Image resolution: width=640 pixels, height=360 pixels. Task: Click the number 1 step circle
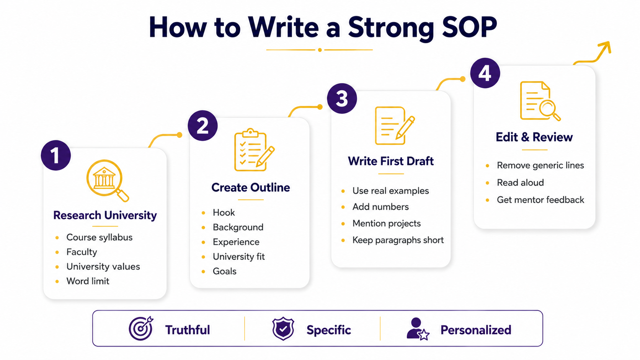click(x=56, y=155)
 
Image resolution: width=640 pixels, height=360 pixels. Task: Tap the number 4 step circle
click(x=485, y=73)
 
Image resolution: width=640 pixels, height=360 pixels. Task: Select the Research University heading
click(x=105, y=215)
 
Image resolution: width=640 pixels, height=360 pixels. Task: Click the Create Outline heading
click(x=251, y=187)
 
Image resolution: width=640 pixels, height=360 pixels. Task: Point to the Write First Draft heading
click(x=390, y=161)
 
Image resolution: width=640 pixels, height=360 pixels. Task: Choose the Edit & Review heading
click(x=534, y=137)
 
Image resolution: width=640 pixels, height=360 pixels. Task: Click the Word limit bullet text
click(x=88, y=281)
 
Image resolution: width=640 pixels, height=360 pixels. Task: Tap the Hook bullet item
click(x=224, y=213)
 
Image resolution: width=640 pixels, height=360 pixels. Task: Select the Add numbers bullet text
click(x=380, y=207)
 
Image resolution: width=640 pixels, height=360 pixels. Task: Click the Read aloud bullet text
click(x=520, y=183)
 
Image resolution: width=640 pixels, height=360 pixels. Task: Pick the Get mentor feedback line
click(x=540, y=200)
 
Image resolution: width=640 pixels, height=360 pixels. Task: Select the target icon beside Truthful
click(x=141, y=329)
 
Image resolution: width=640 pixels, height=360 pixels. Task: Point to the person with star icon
click(x=418, y=329)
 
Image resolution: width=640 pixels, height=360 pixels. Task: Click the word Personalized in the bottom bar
click(x=476, y=330)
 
